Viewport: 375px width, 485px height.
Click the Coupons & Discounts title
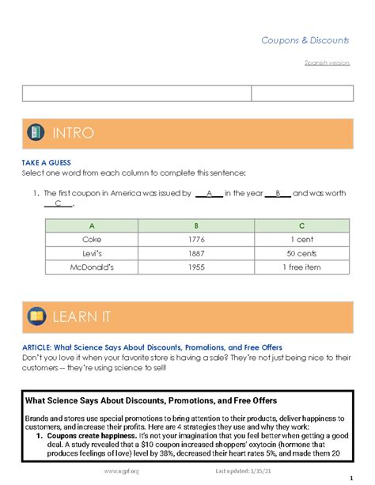click(305, 40)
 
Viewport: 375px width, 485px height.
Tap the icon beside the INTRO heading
click(35, 132)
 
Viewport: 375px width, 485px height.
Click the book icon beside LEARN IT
click(36, 316)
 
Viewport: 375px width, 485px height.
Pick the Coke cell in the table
click(92, 238)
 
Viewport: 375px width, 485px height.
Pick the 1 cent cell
click(302, 238)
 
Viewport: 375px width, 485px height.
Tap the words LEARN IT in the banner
click(81, 317)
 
